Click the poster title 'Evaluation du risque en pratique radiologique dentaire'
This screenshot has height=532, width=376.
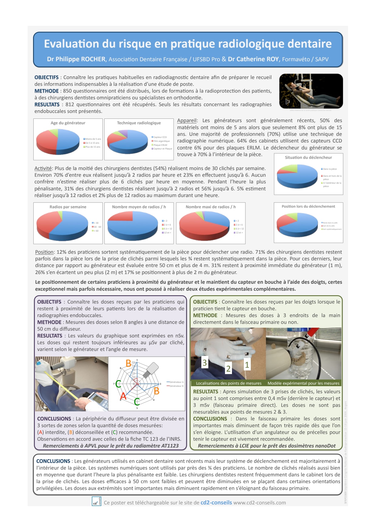pyautogui.click(x=188, y=44)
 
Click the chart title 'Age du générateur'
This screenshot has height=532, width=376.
pyautogui.click(x=68, y=123)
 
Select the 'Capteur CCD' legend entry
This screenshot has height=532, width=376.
pyautogui.click(x=160, y=137)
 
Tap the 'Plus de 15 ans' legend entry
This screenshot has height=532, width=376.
pyautogui.click(x=92, y=147)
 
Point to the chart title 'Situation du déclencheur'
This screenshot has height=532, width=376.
pyautogui.click(x=308, y=158)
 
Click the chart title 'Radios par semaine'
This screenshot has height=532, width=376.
pyautogui.click(x=68, y=207)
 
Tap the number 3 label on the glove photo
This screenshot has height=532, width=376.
pyautogui.click(x=205, y=363)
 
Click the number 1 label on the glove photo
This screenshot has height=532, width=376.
pyautogui.click(x=247, y=365)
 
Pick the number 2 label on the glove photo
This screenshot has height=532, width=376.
pyautogui.click(x=228, y=369)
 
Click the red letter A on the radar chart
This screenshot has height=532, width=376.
pyautogui.click(x=123, y=396)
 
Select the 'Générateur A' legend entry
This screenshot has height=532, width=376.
pyautogui.click(x=176, y=382)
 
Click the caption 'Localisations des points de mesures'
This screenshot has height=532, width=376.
pyautogui.click(x=229, y=383)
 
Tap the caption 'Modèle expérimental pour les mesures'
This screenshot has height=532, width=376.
pyautogui.click(x=303, y=383)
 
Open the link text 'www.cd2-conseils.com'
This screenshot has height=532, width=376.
pyautogui.click(x=260, y=503)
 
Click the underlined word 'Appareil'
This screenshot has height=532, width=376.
pyautogui.click(x=187, y=121)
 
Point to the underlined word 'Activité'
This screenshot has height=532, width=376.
pyautogui.click(x=43, y=169)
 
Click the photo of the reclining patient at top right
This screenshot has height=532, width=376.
pyautogui.click(x=311, y=91)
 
